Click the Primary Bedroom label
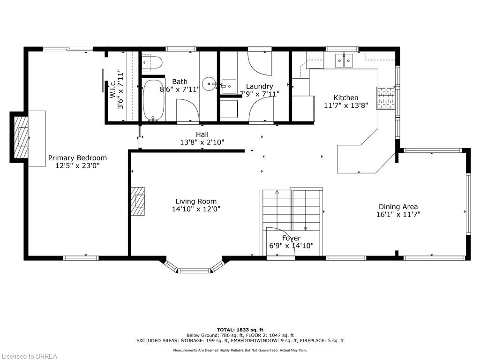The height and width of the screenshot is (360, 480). click(77, 158)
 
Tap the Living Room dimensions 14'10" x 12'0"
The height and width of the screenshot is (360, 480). click(196, 209)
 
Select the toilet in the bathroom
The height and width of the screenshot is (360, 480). click(153, 62)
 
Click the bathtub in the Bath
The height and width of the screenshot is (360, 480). click(153, 100)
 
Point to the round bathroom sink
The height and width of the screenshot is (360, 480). click(208, 84)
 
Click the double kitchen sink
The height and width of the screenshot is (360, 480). click(344, 61)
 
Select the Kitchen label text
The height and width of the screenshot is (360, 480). click(346, 98)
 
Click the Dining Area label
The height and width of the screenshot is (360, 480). click(398, 207)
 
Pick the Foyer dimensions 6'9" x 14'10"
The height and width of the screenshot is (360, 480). click(291, 246)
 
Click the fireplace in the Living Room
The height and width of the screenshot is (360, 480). click(138, 201)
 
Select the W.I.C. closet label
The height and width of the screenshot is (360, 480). click(112, 90)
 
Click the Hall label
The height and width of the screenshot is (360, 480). click(202, 135)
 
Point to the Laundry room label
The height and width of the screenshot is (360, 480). click(259, 86)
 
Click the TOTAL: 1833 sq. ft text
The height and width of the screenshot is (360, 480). click(240, 330)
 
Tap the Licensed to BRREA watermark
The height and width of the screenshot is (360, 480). click(29, 356)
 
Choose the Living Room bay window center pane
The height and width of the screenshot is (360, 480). click(194, 270)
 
